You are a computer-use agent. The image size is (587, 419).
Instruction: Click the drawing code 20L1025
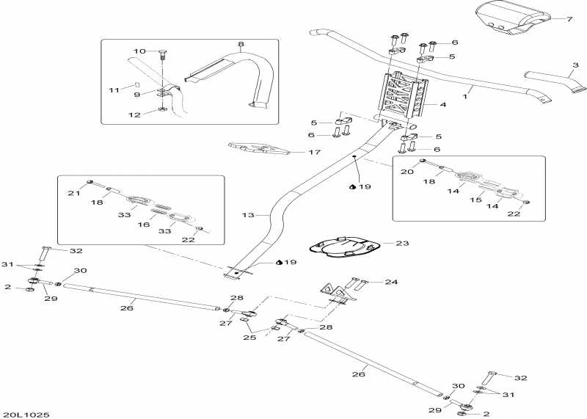coord(26,415)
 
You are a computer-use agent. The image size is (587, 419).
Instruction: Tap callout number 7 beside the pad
coord(569,18)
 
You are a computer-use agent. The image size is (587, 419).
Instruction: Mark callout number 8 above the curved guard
coord(240,45)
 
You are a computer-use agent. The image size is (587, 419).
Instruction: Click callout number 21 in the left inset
coord(73,193)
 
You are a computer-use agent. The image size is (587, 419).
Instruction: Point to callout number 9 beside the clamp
coord(136,94)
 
